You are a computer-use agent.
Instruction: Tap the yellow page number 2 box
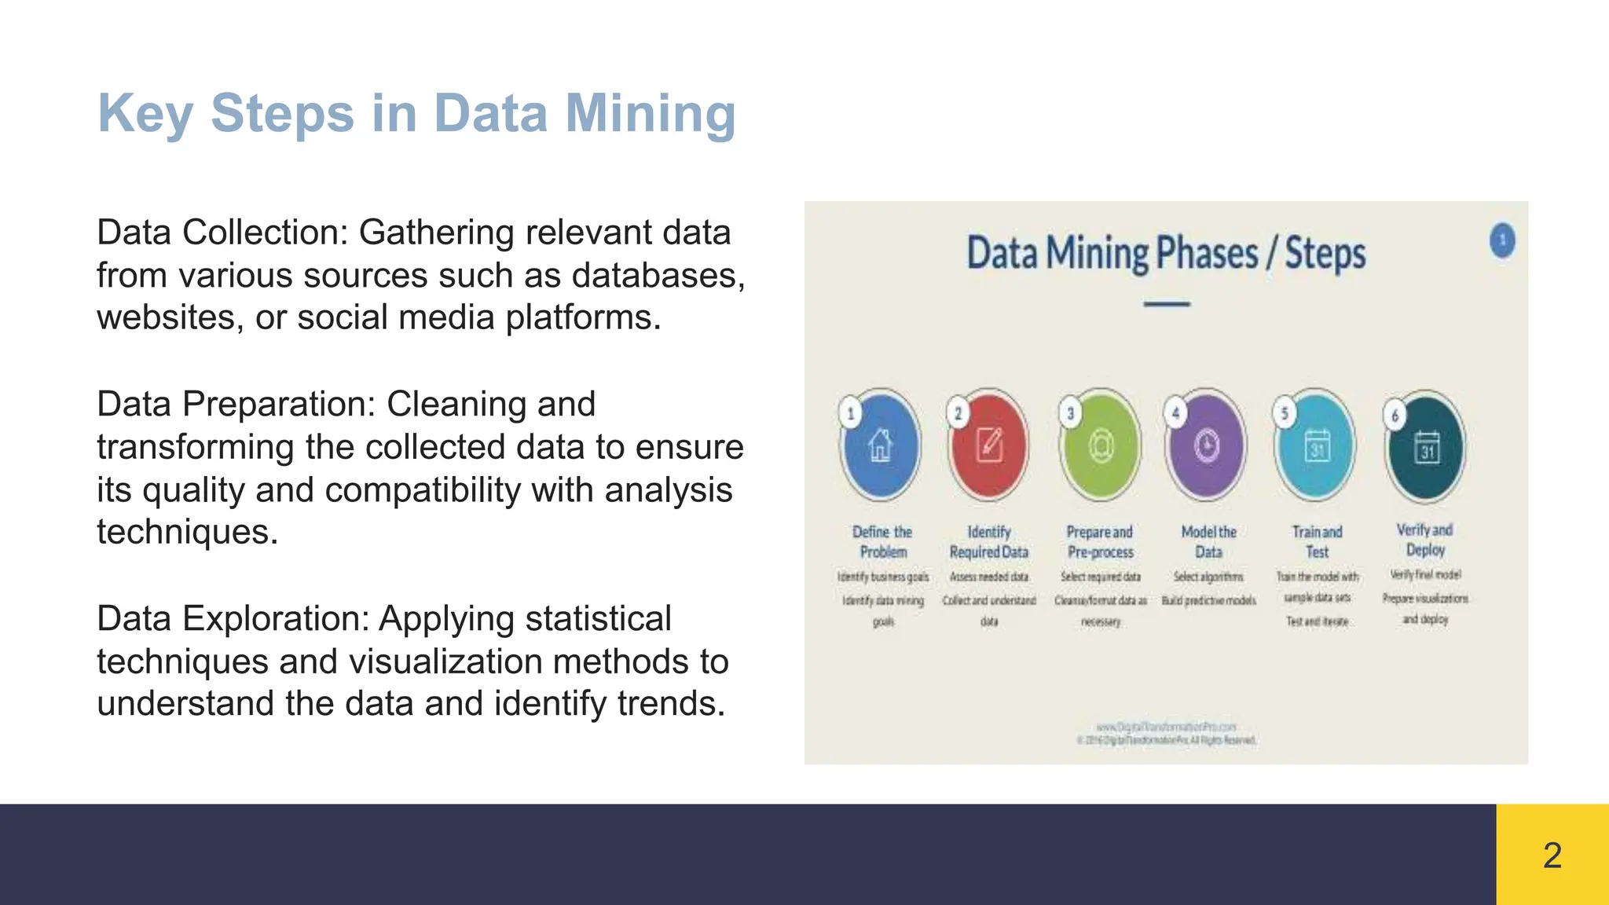point(1552,855)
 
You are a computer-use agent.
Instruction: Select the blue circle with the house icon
point(881,445)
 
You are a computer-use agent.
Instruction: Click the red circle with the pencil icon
point(989,445)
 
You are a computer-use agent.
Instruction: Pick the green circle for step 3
point(1100,445)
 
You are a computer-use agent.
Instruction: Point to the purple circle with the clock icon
point(1207,445)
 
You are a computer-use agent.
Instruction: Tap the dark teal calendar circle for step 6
point(1426,447)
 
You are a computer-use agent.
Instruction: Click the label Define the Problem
point(882,542)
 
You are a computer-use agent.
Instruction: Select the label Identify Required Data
point(989,542)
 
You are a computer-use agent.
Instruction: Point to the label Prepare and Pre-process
point(1100,542)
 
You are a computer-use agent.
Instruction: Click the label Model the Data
point(1208,542)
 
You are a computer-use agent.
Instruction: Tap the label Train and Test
point(1318,542)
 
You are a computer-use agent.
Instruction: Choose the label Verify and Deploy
point(1425,540)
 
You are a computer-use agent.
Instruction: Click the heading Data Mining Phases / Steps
point(1166,254)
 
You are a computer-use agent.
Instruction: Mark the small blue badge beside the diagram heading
point(1502,240)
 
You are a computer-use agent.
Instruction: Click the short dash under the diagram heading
point(1167,304)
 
